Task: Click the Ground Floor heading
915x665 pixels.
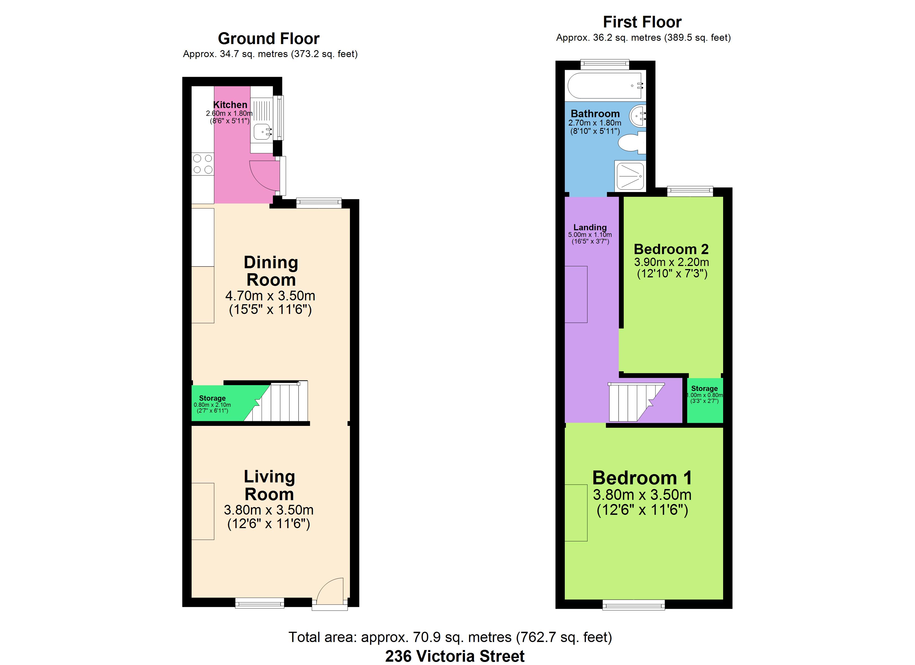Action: [x=269, y=39]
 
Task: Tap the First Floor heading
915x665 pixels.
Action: [x=642, y=22]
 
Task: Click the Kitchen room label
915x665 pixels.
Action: [x=230, y=104]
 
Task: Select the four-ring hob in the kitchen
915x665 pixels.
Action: [x=202, y=164]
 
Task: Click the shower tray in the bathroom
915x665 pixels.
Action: [x=630, y=176]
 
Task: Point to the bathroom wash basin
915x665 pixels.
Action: [x=638, y=115]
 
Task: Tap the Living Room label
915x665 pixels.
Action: [x=269, y=485]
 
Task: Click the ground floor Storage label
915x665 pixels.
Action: [x=212, y=398]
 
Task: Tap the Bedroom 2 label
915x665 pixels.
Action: [x=671, y=249]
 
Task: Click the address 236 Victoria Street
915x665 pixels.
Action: [x=455, y=656]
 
